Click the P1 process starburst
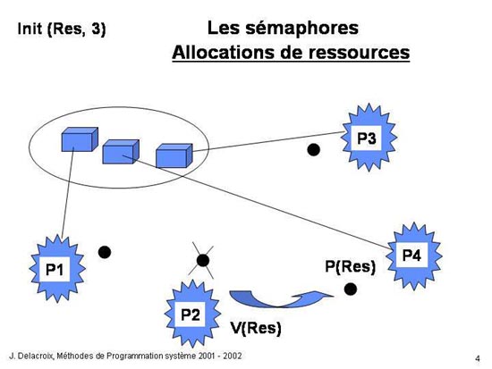[57, 269]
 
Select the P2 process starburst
[192, 314]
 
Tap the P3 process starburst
[369, 138]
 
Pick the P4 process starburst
[414, 256]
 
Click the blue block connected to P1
[80, 139]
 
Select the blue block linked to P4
[121, 152]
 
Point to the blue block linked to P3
[174, 155]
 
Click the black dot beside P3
[313, 149]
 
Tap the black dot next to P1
[105, 252]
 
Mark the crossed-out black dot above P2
[203, 261]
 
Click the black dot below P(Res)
[350, 289]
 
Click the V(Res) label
[256, 328]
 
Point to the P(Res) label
[350, 267]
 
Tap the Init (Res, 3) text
[62, 29]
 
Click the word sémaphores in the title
[301, 28]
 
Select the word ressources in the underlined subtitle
[359, 52]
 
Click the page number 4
[478, 358]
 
